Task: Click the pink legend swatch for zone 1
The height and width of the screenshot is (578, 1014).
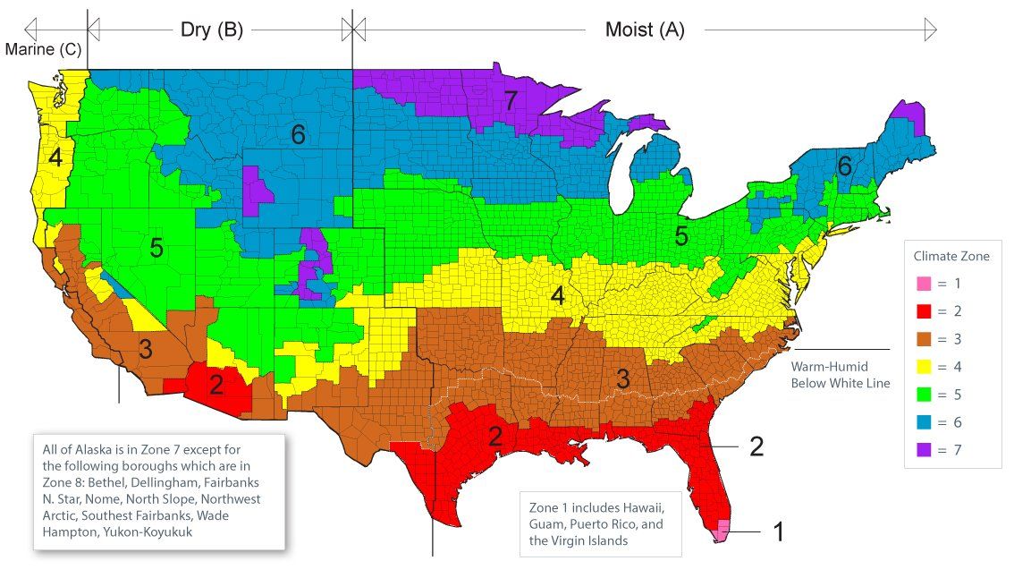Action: pos(923,284)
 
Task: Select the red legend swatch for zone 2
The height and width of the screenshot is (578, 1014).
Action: pos(923,311)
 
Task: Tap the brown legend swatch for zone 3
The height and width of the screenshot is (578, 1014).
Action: pos(923,339)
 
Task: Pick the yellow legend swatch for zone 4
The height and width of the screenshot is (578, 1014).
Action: pos(923,367)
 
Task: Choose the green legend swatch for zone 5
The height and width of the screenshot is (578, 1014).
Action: pos(923,394)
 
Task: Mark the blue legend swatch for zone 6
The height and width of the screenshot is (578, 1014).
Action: pos(923,421)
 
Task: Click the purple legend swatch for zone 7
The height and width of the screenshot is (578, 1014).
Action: pos(923,449)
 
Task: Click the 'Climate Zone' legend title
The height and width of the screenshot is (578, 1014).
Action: pos(951,256)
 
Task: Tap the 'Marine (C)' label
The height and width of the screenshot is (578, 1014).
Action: pos(43,50)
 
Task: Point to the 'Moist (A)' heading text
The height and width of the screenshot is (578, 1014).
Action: pos(645,30)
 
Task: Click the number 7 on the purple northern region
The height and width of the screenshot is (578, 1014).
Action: pos(510,101)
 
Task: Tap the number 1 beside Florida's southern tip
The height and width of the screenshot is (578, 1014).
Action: pos(778,532)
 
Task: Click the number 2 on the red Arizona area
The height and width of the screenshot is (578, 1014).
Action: pos(216,386)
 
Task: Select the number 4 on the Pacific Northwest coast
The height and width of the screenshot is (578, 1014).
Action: pos(55,158)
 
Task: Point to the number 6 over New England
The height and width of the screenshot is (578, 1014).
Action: pos(844,166)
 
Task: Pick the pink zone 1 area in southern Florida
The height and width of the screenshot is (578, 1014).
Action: pos(723,529)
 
